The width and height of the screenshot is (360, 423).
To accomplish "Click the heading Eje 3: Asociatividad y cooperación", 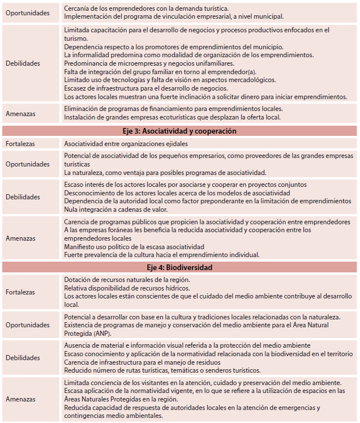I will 180,131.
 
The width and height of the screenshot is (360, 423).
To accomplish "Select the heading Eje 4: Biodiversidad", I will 180,267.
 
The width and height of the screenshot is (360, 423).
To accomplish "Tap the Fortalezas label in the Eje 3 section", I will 20,144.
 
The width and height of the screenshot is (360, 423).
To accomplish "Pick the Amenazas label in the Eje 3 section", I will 20,238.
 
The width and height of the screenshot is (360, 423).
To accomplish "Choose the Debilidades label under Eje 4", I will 23,358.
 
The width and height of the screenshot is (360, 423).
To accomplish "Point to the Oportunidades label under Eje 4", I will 28,325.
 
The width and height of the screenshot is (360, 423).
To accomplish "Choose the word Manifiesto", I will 79,246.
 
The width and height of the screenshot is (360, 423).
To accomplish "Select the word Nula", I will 71,209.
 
